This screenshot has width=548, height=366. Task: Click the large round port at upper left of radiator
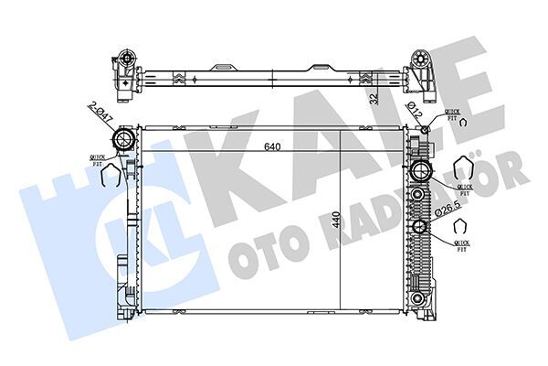pos(121,140)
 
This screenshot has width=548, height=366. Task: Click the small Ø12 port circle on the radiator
pos(426,131)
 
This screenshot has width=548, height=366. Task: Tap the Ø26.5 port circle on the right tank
pos(420,228)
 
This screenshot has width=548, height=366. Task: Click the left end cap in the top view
pos(124,72)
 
